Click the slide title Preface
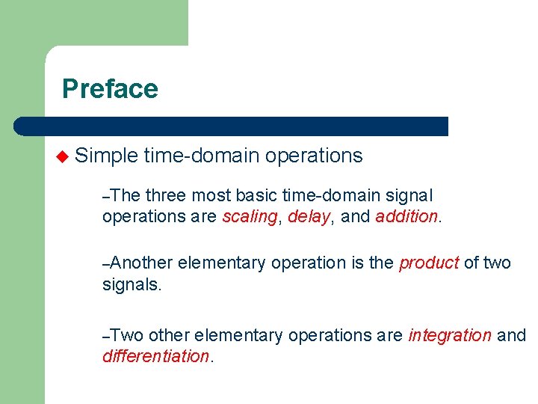tap(110, 89)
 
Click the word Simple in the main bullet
tap(106, 156)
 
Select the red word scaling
tap(248, 217)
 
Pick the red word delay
tap(309, 217)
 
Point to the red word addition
tap(406, 217)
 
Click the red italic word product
tap(429, 263)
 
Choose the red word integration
tap(450, 335)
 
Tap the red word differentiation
tap(156, 356)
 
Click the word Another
tap(142, 263)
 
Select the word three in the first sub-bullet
tap(166, 196)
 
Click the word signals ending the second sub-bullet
tap(131, 284)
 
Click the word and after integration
tap(511, 335)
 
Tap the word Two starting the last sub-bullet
tap(126, 335)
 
